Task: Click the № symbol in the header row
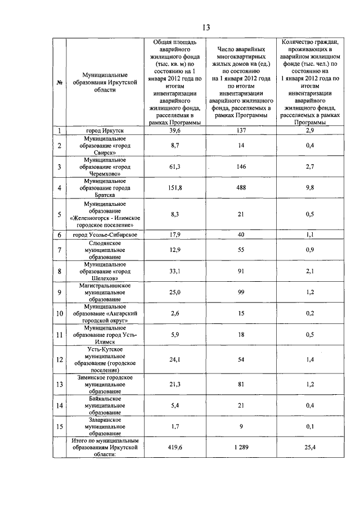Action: pos(58,83)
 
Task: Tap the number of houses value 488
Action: pos(240,188)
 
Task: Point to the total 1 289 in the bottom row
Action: pos(240,448)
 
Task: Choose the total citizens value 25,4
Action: pos(309,448)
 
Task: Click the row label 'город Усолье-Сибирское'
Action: pos(105,235)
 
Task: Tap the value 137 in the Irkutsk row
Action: pos(240,131)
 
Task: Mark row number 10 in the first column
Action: pos(59,313)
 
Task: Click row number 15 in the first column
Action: pos(59,427)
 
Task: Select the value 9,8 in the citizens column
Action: pos(309,188)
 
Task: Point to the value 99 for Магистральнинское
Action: pos(240,292)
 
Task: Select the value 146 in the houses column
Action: pos(240,167)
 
